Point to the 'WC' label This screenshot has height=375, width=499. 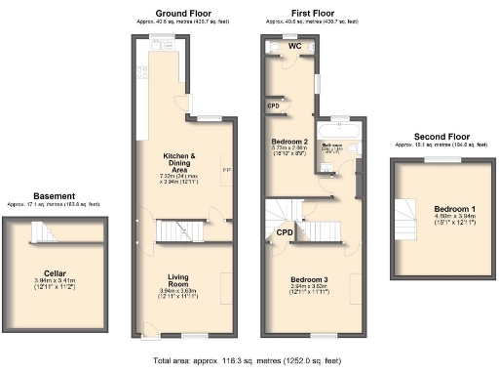[x=291, y=45]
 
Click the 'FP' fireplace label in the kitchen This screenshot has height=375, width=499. [x=226, y=169]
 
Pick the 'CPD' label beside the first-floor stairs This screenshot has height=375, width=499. [x=286, y=233]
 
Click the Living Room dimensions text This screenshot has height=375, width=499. [x=177, y=292]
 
